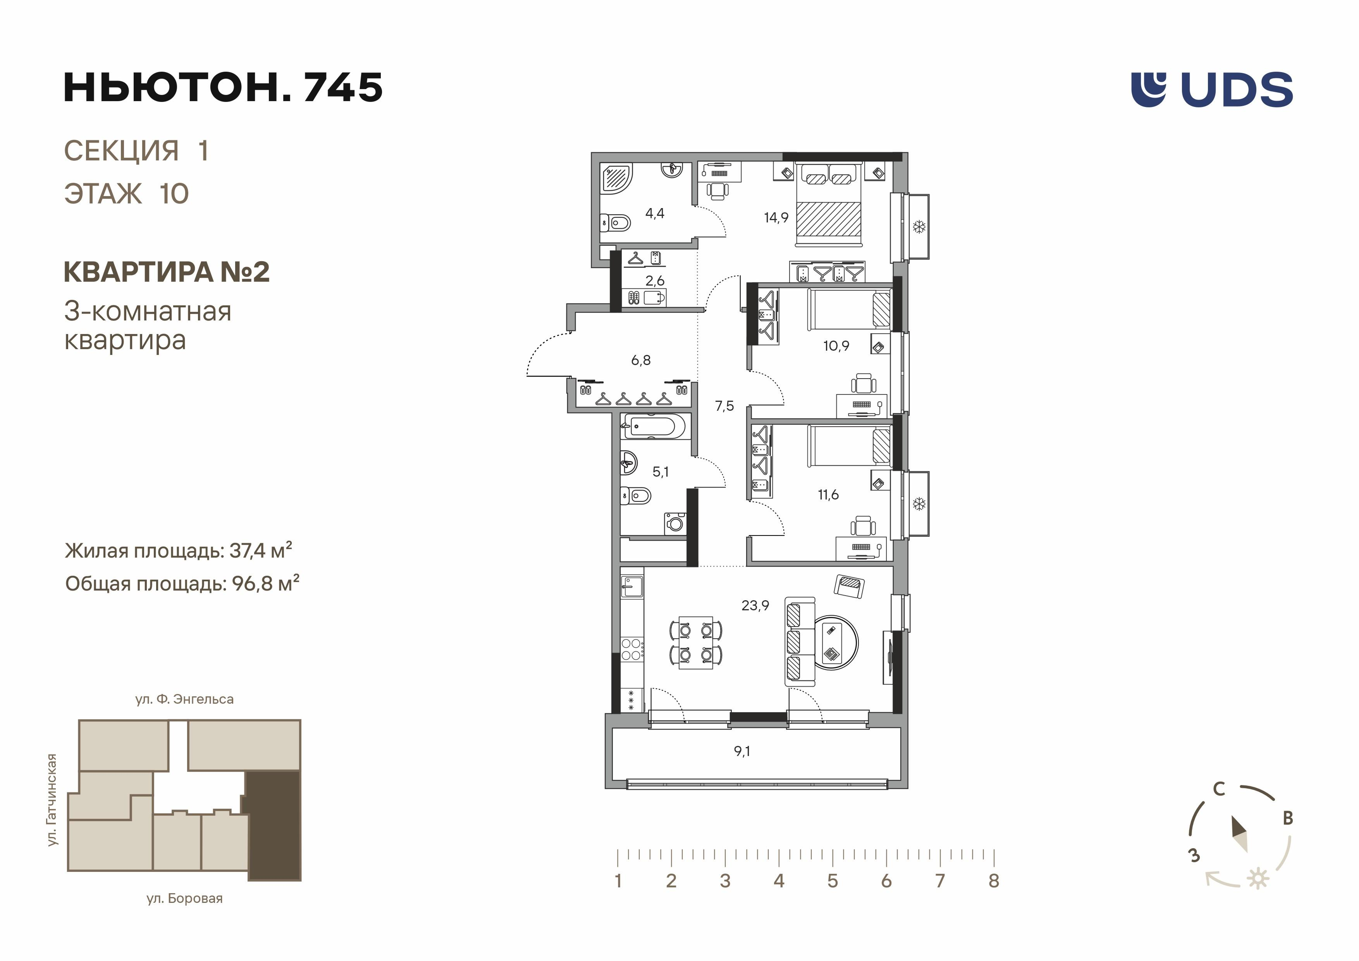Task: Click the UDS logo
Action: coord(1212,90)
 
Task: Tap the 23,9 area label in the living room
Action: coord(755,605)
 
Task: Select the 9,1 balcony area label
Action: coord(742,751)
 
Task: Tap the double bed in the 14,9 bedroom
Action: coord(829,203)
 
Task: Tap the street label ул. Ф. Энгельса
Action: coord(185,699)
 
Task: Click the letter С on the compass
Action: coord(1219,789)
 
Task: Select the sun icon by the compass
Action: coord(1258,879)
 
